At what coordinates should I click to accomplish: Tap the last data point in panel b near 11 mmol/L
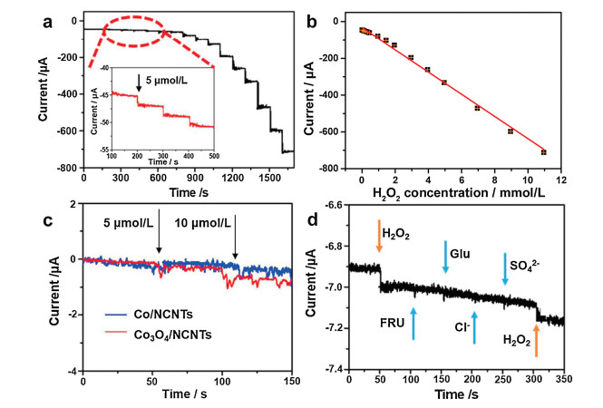(x=544, y=152)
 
